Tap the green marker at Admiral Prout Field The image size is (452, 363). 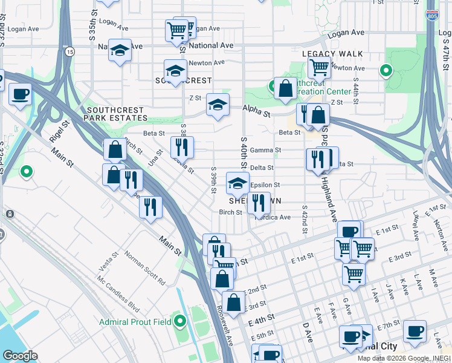(x=180, y=321)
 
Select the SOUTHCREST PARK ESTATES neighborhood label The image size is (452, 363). (x=117, y=114)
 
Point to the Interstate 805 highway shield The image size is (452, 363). (x=431, y=16)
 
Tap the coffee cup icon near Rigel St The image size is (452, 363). (x=21, y=94)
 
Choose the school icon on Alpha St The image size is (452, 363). (x=218, y=105)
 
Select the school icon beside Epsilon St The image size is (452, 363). (x=237, y=183)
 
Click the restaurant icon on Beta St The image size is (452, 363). (x=181, y=146)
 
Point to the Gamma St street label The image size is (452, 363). (x=270, y=150)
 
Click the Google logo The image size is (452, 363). (x=20, y=355)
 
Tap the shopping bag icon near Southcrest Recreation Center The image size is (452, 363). (x=285, y=88)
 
